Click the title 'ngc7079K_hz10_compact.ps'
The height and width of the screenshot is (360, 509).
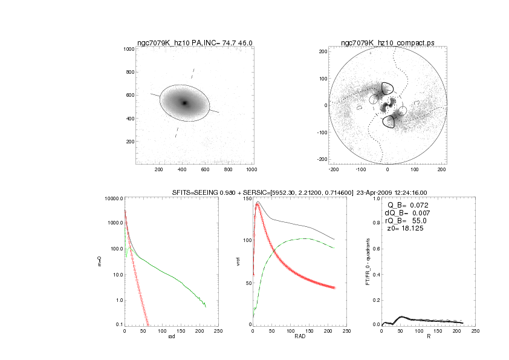(x=387, y=43)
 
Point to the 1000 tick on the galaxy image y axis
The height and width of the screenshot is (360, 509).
(x=128, y=48)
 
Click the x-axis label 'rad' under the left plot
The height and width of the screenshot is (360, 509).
(x=170, y=337)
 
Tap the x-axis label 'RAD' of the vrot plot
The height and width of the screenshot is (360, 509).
(x=299, y=337)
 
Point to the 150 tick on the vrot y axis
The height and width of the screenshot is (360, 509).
(x=246, y=198)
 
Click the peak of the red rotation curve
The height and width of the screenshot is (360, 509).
(x=258, y=205)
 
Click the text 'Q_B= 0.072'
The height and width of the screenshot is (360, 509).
(x=407, y=206)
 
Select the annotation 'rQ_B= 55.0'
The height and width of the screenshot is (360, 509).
(x=406, y=222)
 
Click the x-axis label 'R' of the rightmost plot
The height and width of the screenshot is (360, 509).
(x=428, y=337)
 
